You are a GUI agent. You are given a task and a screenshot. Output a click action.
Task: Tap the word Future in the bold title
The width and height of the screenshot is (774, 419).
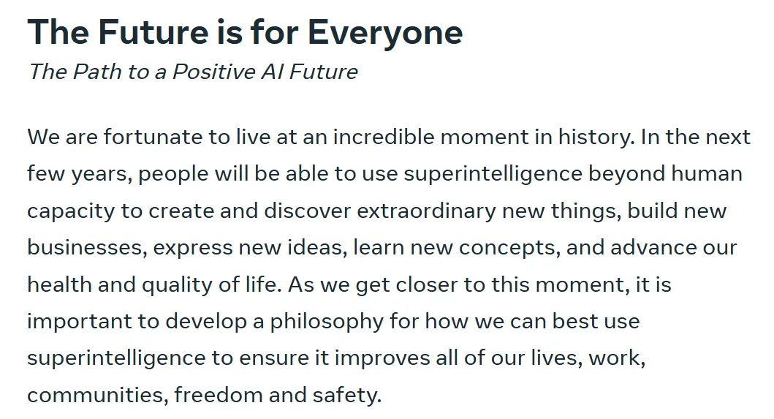tap(153, 31)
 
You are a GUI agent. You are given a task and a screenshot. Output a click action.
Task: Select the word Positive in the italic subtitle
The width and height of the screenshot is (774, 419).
tap(213, 72)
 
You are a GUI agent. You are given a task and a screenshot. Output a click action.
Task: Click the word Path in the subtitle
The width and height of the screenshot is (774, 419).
tap(97, 72)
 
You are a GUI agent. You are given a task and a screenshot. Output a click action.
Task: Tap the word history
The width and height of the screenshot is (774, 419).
tap(596, 137)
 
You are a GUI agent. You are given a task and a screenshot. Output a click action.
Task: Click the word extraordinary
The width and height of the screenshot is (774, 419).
tap(427, 211)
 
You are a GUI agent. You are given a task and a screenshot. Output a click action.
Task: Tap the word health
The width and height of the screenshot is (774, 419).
tap(59, 284)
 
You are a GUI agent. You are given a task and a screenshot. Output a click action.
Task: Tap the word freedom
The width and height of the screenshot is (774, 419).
tap(219, 396)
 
